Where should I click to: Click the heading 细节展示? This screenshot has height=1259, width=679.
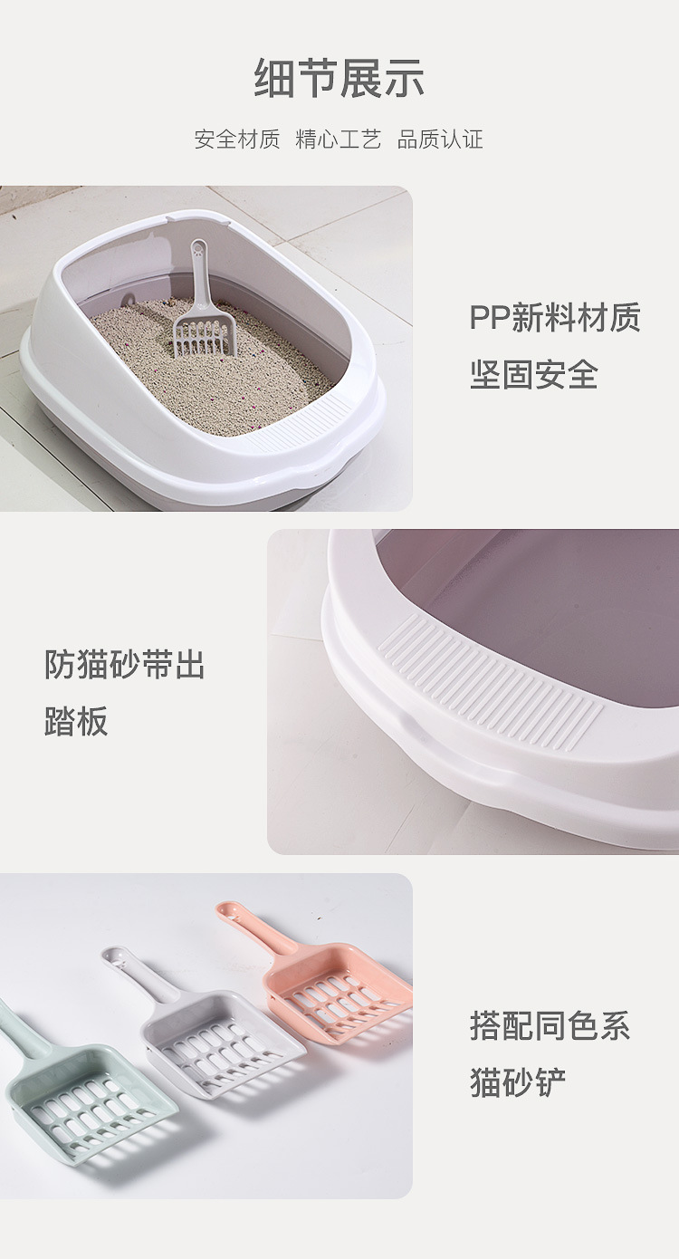click(x=339, y=79)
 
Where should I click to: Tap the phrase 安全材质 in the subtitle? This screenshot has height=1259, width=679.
click(x=237, y=139)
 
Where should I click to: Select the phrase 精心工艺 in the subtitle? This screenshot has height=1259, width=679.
click(x=339, y=139)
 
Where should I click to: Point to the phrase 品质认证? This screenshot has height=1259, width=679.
click(x=440, y=139)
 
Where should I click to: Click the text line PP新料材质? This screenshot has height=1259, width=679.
click(x=555, y=318)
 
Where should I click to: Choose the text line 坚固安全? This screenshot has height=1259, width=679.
click(x=534, y=374)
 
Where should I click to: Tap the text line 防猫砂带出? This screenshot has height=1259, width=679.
click(x=125, y=665)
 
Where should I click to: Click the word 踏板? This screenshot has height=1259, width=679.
click(x=76, y=721)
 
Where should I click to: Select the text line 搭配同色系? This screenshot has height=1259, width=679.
click(x=550, y=1026)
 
